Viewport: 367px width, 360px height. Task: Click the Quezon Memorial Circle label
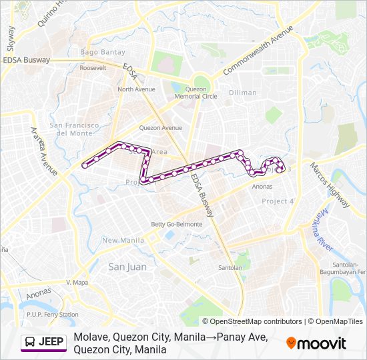(196, 92)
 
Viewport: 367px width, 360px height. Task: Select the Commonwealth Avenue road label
(258, 51)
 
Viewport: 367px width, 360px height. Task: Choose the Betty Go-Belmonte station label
(176, 224)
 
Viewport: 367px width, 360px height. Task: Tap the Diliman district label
(242, 93)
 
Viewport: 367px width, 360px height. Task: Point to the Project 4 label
(278, 201)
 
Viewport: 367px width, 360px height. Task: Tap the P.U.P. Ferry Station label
(52, 314)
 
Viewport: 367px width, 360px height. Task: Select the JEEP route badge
(44, 343)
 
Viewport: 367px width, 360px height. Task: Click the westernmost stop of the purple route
(85, 165)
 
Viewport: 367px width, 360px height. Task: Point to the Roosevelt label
(93, 68)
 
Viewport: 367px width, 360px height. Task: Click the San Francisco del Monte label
(74, 129)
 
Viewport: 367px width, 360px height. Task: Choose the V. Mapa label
(77, 282)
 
